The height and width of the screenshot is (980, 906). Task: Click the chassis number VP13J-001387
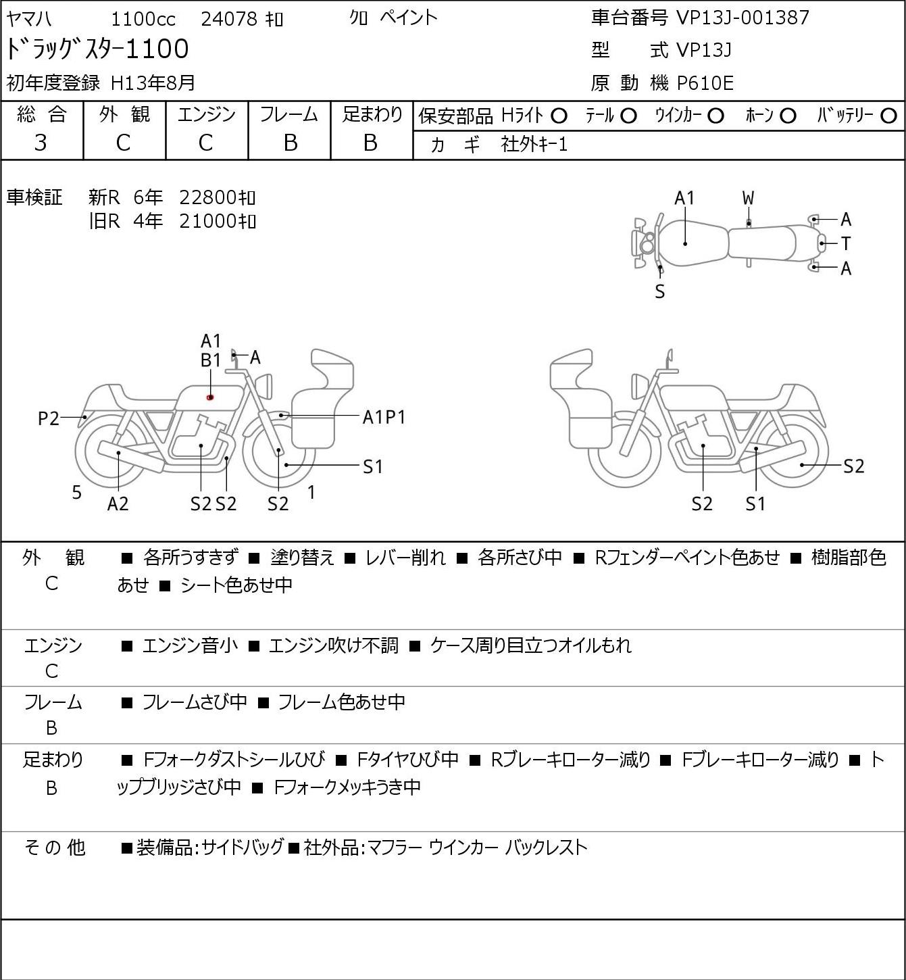pos(743,18)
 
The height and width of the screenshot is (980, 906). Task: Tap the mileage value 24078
pos(229,19)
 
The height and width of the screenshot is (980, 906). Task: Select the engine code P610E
pos(705,83)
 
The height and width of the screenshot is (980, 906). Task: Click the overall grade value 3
pos(41,143)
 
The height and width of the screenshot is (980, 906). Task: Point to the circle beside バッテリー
pos(888,116)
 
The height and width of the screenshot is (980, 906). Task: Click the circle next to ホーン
pos(788,116)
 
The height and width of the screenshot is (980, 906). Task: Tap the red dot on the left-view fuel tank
pos(209,397)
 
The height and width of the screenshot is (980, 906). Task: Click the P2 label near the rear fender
pos(49,418)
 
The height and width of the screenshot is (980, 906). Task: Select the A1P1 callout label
pos(384,418)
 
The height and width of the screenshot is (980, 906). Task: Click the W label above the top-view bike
pos(748,199)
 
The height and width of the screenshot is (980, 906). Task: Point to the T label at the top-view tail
pos(846,243)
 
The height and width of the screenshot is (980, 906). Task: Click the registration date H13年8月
pos(153,83)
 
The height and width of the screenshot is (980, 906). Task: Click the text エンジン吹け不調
pos(333,645)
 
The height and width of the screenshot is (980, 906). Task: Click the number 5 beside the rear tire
pos(76,492)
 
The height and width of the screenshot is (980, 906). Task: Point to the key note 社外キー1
pos(534,145)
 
